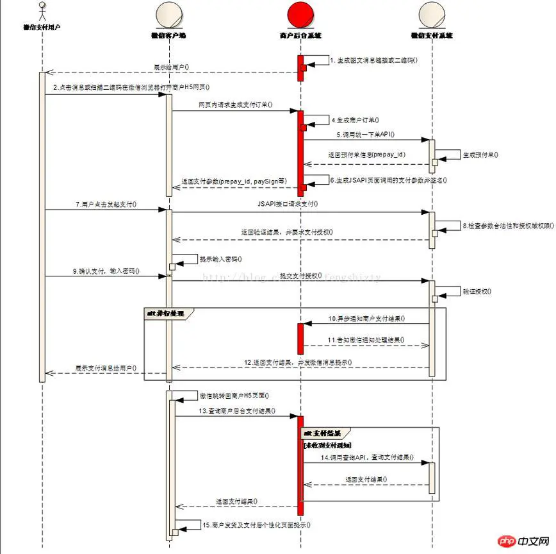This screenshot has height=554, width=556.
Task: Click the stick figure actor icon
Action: click(x=42, y=13)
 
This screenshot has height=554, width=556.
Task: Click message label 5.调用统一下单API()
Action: click(x=366, y=135)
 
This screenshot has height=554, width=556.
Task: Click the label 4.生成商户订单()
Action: click(x=356, y=120)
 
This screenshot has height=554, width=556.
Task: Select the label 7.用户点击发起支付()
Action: click(x=105, y=205)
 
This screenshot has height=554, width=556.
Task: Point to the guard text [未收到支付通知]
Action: click(x=327, y=444)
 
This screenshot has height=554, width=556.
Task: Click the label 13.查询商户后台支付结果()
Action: click(x=238, y=410)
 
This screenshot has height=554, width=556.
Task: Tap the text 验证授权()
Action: click(x=477, y=290)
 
